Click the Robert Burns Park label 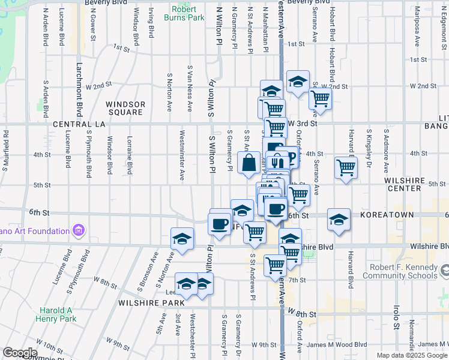tap(187, 13)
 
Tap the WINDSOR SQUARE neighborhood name tap(125, 108)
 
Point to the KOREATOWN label tap(385, 214)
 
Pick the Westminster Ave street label tap(182, 159)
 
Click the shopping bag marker tap(249, 163)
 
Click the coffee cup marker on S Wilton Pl tap(219, 224)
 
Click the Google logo tap(19, 353)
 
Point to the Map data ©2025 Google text tap(412, 355)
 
